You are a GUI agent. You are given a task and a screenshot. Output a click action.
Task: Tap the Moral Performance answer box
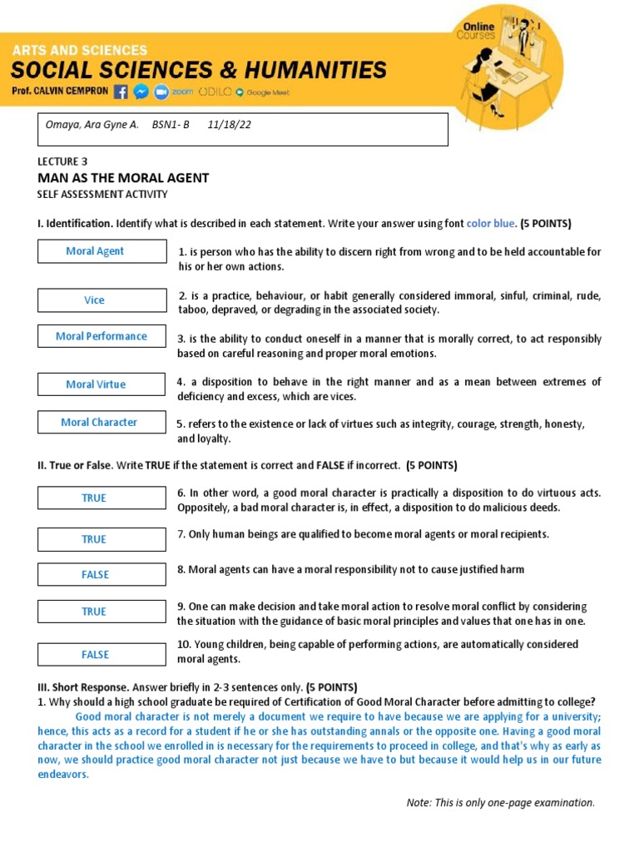point(102,336)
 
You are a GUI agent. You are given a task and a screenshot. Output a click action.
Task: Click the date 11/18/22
point(230,125)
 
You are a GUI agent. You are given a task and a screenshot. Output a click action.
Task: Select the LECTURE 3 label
point(62,161)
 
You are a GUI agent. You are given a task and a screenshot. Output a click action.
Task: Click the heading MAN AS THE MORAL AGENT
point(123,178)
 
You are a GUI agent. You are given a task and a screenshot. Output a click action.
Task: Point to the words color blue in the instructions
point(491,224)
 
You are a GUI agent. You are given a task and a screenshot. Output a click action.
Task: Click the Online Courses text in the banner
point(475,32)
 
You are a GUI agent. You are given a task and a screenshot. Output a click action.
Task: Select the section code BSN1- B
point(171,125)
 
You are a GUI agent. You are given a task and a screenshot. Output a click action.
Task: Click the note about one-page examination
point(500,803)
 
